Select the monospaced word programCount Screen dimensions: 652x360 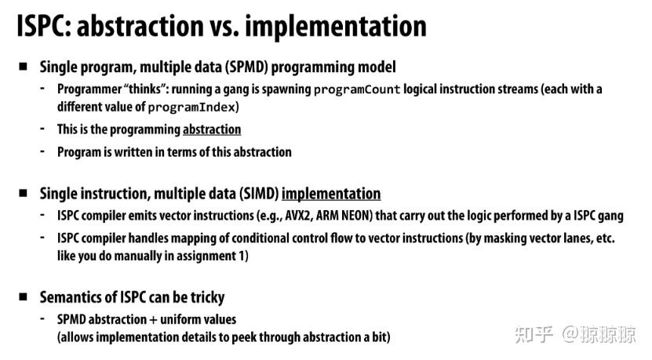pyautogui.click(x=357, y=89)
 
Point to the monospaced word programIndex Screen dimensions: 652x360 pyautogui.click(x=191, y=107)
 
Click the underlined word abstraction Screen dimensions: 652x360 pyautogui.click(x=212, y=129)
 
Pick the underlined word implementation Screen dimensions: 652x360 pyautogui.click(x=331, y=194)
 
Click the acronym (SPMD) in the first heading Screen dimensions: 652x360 pyautogui.click(x=246, y=67)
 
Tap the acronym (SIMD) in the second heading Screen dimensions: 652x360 pyautogui.click(x=259, y=194)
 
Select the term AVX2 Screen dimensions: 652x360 pyautogui.click(x=299, y=216)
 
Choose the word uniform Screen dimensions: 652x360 pyautogui.click(x=180, y=319)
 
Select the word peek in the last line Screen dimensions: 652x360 pyautogui.click(x=244, y=337)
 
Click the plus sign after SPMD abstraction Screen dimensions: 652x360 pyautogui.click(x=154, y=320)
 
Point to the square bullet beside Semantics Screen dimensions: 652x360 pyautogui.click(x=23, y=296)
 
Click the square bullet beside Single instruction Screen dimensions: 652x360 pyautogui.click(x=23, y=193)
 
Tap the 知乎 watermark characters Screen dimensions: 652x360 pyautogui.click(x=534, y=335)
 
